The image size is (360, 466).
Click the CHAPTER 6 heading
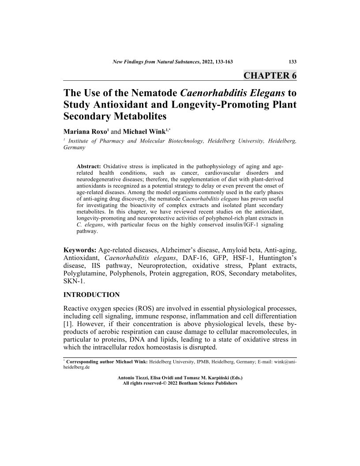270,75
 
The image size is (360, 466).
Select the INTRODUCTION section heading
92,294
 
